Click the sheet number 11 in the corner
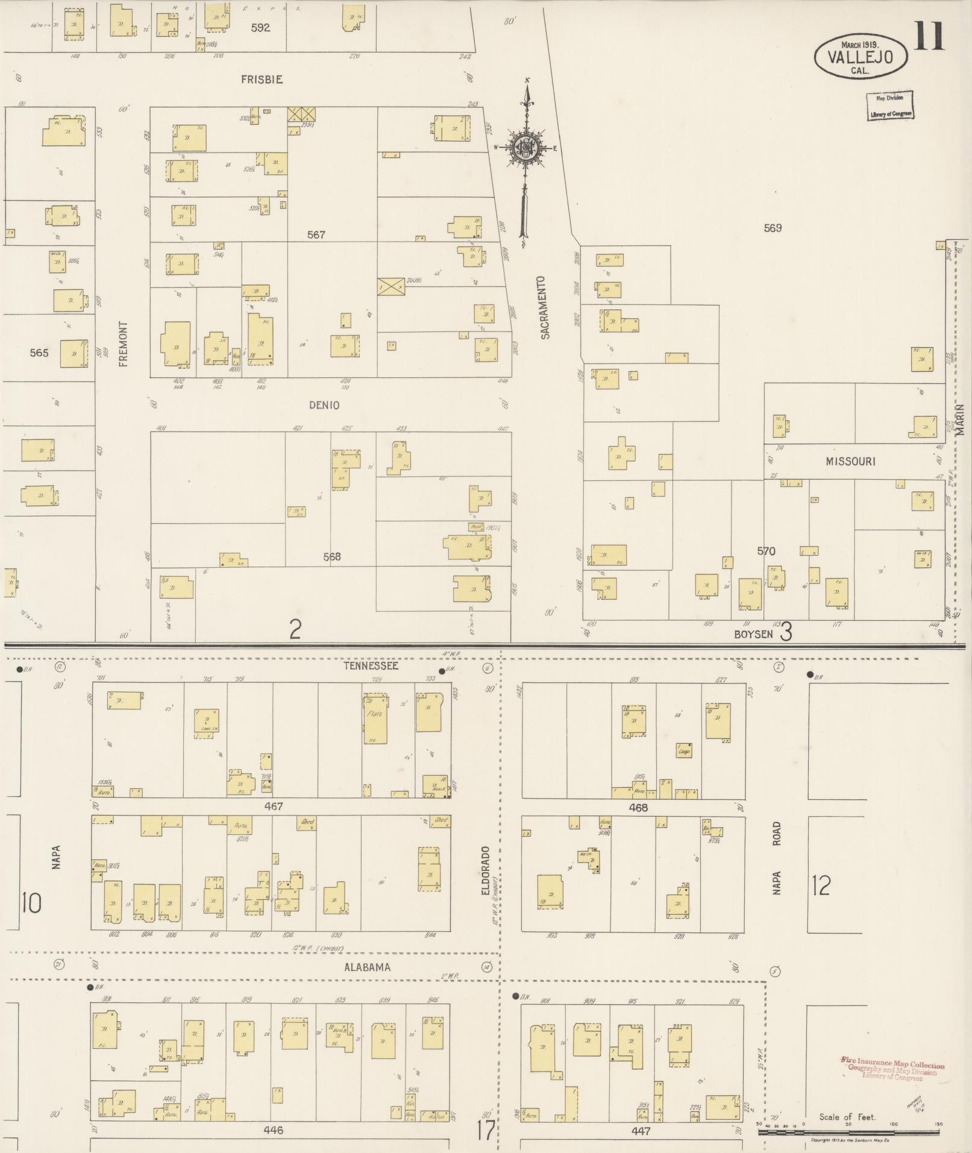tap(929, 36)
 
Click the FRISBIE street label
tap(262, 80)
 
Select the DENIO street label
tap(324, 406)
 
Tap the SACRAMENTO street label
tap(545, 307)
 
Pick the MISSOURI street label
tap(850, 462)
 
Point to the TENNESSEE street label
tap(371, 666)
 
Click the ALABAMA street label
tap(367, 967)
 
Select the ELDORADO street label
tap(486, 875)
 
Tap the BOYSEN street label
tap(753, 634)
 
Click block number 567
tap(316, 234)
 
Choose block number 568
tap(331, 557)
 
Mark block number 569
tap(773, 228)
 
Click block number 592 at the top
tap(261, 28)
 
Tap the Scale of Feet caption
tap(847, 1117)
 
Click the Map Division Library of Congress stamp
tap(890, 105)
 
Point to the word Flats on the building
tap(374, 714)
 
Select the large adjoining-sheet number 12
tap(821, 885)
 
